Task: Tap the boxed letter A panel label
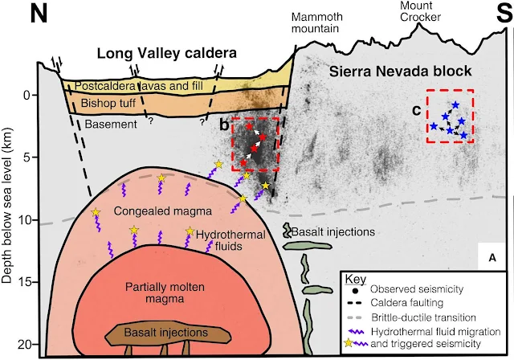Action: coord(492,256)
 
